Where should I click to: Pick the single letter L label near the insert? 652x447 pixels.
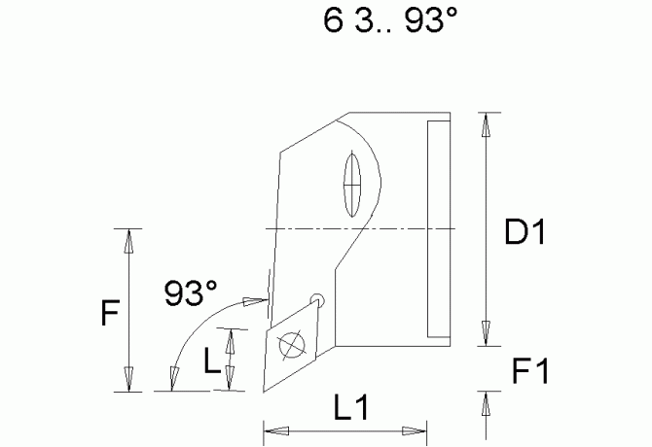pyautogui.click(x=211, y=361)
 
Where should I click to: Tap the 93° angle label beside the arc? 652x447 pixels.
pyautogui.click(x=191, y=291)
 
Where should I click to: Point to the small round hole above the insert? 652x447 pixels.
pyautogui.click(x=316, y=299)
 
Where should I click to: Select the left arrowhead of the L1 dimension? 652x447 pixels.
pyautogui.click(x=272, y=430)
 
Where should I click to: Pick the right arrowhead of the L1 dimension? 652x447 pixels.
pyautogui.click(x=417, y=430)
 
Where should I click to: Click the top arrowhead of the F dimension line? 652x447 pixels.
pyautogui.click(x=127, y=237)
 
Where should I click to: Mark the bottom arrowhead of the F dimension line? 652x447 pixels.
pyautogui.click(x=127, y=383)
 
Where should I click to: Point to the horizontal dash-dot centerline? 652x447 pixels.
pyautogui.click(x=360, y=228)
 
